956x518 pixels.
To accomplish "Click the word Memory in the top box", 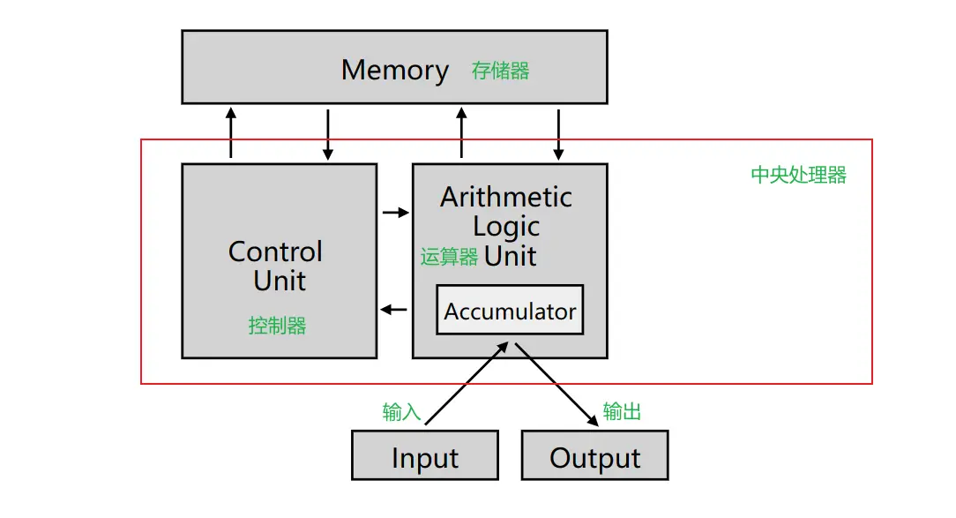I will tap(395, 70).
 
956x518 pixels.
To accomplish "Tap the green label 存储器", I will tap(500, 71).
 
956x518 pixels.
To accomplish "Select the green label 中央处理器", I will tap(798, 175).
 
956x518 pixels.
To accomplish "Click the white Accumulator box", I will tap(510, 310).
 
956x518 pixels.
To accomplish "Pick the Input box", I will tap(425, 455).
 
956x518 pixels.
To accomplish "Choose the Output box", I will tap(594, 455).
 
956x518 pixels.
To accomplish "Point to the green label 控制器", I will tap(277, 326).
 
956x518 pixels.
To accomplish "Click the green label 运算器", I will tap(449, 257).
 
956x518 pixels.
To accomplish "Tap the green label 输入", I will tap(401, 412).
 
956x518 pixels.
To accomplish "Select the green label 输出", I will tap(622, 411).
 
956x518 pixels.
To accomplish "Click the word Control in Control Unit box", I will tap(275, 251).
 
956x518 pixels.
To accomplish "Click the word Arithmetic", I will tap(506, 197).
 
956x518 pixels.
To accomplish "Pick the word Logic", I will tap(506, 226).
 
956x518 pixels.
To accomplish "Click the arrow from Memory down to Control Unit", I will tap(328, 134).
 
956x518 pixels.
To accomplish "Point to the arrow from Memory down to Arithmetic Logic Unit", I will tap(558, 134).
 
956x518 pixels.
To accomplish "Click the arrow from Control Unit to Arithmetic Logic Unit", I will tap(396, 212).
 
